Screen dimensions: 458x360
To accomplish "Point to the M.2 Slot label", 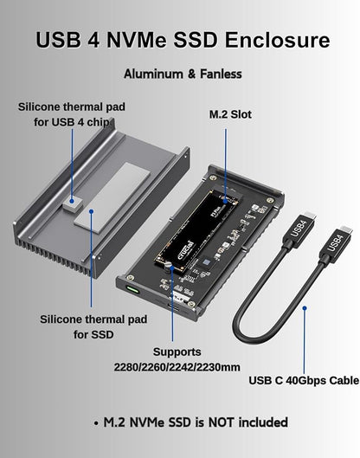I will point(231,113).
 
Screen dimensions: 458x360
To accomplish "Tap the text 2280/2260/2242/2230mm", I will point(176,367).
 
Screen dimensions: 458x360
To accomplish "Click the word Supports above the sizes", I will point(177,352).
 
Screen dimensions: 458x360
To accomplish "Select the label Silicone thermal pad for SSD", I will point(93,326).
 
